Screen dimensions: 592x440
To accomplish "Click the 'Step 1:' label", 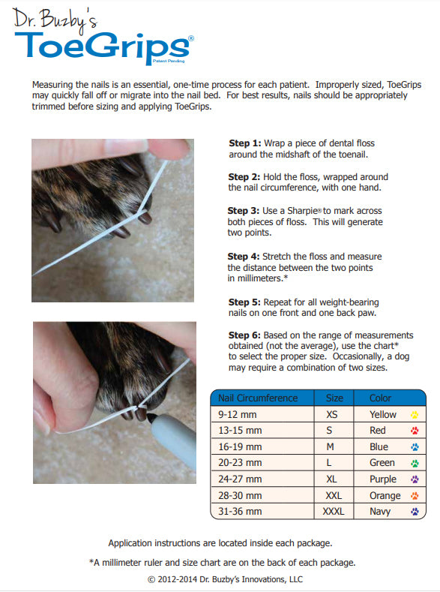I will (244, 143).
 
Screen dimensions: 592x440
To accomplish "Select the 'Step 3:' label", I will (244, 211).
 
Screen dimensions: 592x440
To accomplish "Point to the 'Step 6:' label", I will (244, 335).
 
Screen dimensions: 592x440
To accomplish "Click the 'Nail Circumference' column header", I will (257, 398).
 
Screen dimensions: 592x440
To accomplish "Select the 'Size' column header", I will (334, 398).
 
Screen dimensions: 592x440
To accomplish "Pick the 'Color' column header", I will (380, 398).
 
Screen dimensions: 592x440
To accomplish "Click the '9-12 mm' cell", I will (236, 414).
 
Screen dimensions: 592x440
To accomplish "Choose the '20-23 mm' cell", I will (239, 463).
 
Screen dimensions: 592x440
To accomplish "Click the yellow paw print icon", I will (415, 414).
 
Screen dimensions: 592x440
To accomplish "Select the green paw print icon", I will (415, 463).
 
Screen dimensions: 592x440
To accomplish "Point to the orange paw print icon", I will (415, 496).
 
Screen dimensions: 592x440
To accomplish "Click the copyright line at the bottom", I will (225, 579).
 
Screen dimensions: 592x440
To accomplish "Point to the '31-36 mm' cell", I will (239, 512).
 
